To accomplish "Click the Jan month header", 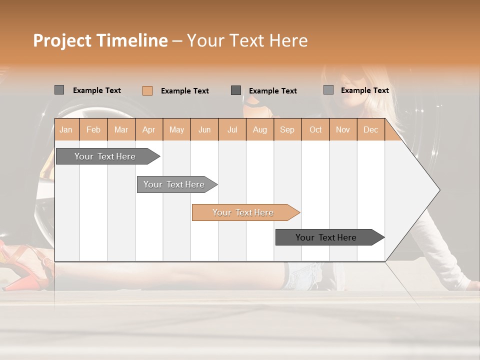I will (66, 129).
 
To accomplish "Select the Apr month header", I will (148, 129).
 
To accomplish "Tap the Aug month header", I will (259, 129).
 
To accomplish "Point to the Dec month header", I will (370, 129).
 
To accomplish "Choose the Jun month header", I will (204, 129).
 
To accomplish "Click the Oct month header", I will (315, 129).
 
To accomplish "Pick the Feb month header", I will (93, 129).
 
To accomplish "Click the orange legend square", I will (147, 90).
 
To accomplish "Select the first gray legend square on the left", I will (59, 90).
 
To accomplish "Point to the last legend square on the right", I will (328, 90).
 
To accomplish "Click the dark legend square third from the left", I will (236, 90).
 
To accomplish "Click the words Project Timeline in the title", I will (100, 40).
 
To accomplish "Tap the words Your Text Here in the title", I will (247, 40).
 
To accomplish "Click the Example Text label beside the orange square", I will (184, 91).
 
